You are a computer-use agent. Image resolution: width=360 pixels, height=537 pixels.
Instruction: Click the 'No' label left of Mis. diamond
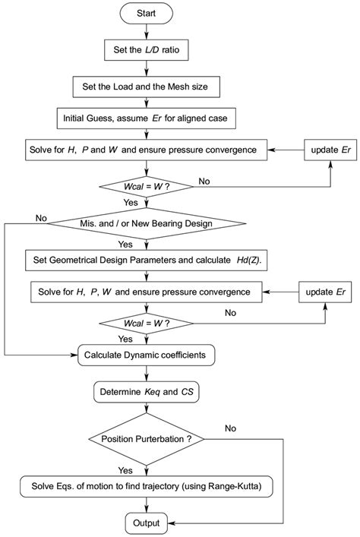pyautogui.click(x=41, y=218)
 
